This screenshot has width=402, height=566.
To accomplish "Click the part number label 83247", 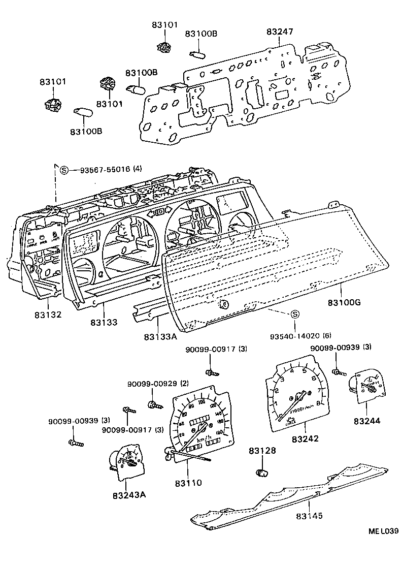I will pyautogui.click(x=280, y=32).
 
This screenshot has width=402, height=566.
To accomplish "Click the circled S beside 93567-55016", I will pyautogui.click(x=64, y=170).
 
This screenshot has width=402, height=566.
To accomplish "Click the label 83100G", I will pyautogui.click(x=344, y=302).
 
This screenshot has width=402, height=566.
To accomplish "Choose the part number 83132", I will pyautogui.click(x=48, y=315).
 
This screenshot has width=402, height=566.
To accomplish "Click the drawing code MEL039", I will pyautogui.click(x=383, y=531).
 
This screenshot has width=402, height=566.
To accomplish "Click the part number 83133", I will pyautogui.click(x=105, y=322).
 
